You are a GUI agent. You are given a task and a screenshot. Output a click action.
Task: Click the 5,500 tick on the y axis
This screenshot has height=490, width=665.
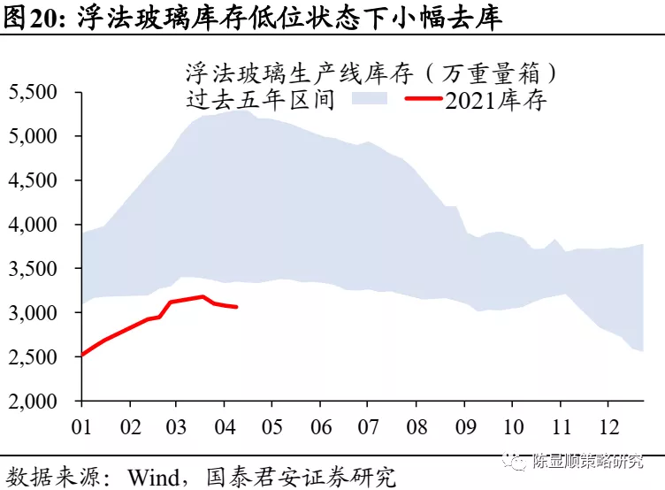tap(33, 92)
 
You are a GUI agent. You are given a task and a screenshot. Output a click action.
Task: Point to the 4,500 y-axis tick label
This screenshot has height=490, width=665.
tap(33, 180)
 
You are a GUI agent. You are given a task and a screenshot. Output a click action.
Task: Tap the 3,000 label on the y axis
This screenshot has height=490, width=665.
tap(33, 313)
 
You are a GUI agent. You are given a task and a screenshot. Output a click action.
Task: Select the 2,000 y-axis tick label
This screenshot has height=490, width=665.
tap(33, 402)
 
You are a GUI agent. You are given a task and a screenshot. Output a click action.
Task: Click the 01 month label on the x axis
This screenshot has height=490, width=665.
tap(82, 425)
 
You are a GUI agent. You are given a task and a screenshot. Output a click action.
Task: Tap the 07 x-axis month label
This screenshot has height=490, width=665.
tap(366, 425)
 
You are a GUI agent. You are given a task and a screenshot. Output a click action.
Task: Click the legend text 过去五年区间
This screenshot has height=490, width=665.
tap(261, 99)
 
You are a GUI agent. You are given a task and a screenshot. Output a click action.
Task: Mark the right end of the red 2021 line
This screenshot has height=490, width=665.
tap(236, 307)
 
